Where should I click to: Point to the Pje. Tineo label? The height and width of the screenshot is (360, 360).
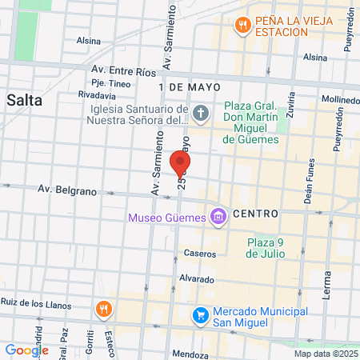point(110,82)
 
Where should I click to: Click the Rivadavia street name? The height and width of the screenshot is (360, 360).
point(98,94)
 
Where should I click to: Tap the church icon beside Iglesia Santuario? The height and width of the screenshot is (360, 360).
point(200,114)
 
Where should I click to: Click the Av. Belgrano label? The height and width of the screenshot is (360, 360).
point(67,190)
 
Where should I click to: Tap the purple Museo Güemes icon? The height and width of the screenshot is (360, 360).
point(217,215)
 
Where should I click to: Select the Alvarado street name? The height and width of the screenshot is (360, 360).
point(196,279)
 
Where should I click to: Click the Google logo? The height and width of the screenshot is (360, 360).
point(26,350)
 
